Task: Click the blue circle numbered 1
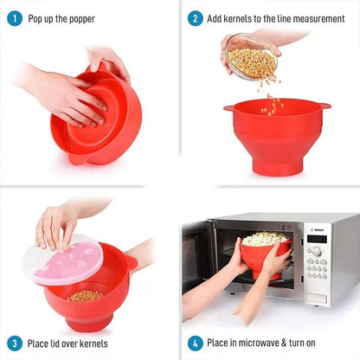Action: pyautogui.click(x=14, y=18)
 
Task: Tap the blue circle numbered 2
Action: pyautogui.click(x=196, y=18)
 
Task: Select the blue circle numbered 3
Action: pyautogui.click(x=14, y=343)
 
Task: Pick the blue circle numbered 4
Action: pyautogui.click(x=196, y=343)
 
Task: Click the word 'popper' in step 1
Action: pyautogui.click(x=79, y=18)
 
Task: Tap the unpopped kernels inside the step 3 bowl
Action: pyautogui.click(x=84, y=295)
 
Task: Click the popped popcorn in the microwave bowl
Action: pyautogui.click(x=265, y=238)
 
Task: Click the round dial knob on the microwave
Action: pyautogui.click(x=317, y=251)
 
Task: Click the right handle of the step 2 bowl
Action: pyautogui.click(x=323, y=106)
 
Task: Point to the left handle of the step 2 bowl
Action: pyautogui.click(x=228, y=108)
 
